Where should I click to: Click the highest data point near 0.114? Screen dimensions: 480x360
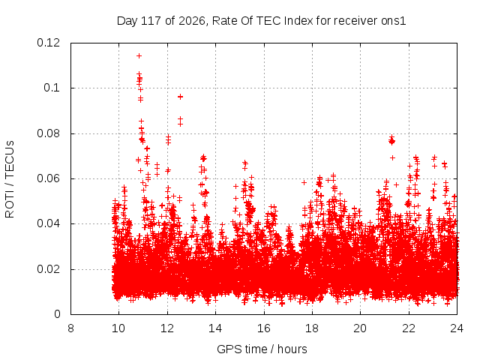[139, 55]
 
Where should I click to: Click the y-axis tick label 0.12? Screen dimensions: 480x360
[48, 43]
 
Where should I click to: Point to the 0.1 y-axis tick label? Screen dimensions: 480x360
[52, 88]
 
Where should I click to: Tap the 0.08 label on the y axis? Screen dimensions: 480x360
[48, 133]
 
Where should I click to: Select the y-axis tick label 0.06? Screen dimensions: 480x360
[48, 178]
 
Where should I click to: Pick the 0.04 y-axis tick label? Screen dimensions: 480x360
[48, 223]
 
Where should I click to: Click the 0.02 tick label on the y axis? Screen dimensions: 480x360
[48, 269]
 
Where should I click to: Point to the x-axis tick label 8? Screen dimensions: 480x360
[70, 328]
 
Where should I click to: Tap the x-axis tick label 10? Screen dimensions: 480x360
[118, 328]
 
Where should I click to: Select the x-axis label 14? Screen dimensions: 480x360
[215, 328]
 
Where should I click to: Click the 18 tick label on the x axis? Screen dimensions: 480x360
[312, 328]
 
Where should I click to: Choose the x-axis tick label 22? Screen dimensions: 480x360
[409, 328]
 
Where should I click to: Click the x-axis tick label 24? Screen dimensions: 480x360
[457, 328]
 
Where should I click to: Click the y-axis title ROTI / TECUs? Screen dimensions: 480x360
[10, 179]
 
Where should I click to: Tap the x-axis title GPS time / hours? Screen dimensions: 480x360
[262, 349]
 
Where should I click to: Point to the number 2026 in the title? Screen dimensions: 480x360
[192, 21]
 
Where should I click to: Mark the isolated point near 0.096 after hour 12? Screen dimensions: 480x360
[180, 97]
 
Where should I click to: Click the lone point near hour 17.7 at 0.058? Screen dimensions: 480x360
[304, 182]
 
